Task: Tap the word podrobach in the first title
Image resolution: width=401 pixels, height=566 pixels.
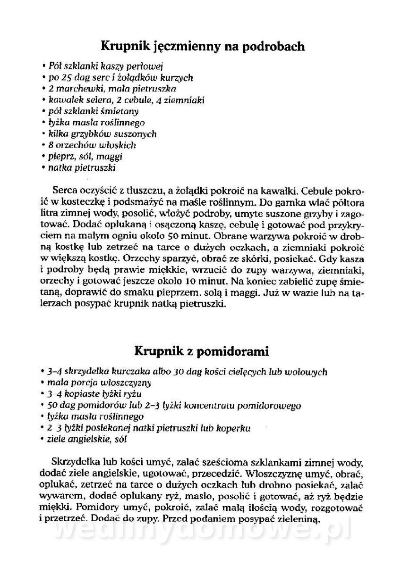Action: point(270,47)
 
